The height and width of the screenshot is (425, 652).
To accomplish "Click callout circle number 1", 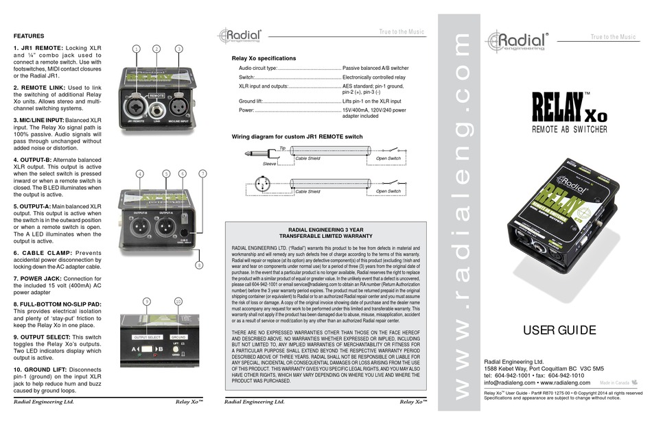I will pos(137,49).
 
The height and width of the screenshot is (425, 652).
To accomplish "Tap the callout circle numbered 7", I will pos(202,173).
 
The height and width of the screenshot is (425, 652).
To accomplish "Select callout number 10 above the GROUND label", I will pos(178,301).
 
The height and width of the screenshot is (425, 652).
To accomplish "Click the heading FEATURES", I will pos(30,36).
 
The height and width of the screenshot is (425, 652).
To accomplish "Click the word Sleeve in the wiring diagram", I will pos(271,165).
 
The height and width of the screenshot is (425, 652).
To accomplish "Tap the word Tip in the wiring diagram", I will pos(283,147).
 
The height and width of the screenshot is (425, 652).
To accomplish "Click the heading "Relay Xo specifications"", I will pos(264,59).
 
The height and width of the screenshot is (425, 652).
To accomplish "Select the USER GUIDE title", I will pos(559,331).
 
